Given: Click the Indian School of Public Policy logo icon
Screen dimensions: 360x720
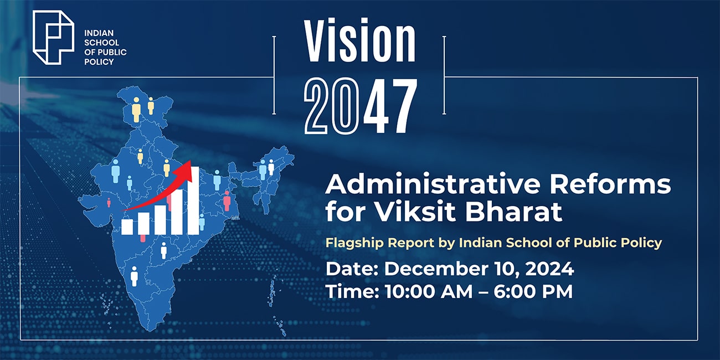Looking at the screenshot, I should (53, 37).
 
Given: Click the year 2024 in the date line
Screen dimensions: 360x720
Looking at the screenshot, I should (545, 270).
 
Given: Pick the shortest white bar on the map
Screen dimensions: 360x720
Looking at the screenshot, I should (127, 227).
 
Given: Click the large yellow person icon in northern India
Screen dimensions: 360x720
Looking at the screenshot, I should (136, 110).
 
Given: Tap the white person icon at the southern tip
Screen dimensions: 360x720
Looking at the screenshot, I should (133, 276).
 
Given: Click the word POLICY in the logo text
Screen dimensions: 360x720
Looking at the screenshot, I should (98, 61).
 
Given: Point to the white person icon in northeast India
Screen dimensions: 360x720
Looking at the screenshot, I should (271, 167).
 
